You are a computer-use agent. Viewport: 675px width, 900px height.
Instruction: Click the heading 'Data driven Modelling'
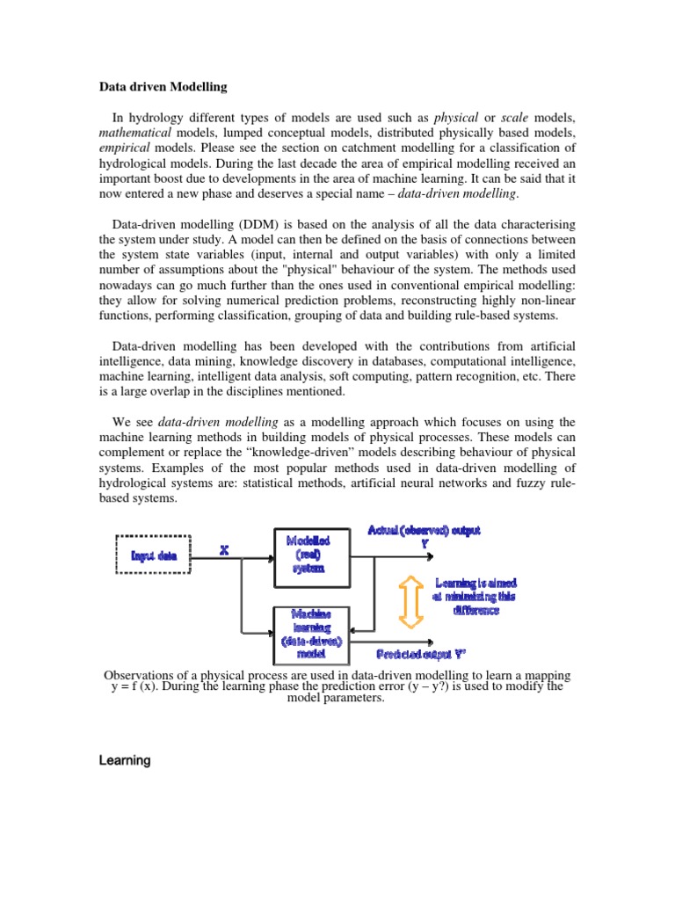pyautogui.click(x=163, y=87)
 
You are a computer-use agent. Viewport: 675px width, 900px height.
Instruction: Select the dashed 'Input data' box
pyautogui.click(x=155, y=555)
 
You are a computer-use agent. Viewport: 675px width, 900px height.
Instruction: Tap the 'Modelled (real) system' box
pyautogui.click(x=308, y=555)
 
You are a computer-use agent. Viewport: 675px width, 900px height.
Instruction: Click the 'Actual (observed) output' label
pyautogui.click(x=425, y=531)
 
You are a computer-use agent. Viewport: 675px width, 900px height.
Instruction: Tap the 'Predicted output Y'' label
pyautogui.click(x=420, y=654)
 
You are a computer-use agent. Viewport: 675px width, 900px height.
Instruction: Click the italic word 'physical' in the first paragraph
pyautogui.click(x=456, y=117)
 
